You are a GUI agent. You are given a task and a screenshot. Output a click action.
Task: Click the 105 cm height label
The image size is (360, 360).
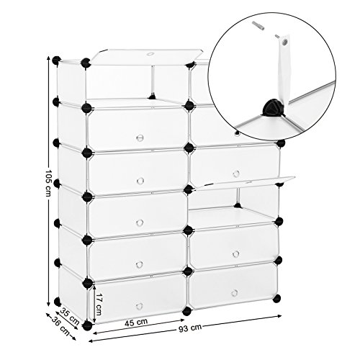click(48, 184)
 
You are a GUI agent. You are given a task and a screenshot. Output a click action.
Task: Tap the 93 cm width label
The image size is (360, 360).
click(190, 327)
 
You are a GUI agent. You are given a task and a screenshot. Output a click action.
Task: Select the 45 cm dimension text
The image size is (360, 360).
click(136, 322)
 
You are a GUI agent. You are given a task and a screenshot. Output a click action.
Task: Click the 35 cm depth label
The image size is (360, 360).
click(69, 316)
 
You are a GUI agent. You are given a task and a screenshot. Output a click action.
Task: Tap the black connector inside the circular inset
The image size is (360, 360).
click(272, 108)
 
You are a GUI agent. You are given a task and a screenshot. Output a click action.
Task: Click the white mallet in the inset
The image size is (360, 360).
click(284, 70)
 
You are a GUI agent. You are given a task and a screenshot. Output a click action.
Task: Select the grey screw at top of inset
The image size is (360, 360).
click(258, 25)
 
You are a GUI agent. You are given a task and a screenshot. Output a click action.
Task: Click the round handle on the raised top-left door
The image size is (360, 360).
click(150, 55)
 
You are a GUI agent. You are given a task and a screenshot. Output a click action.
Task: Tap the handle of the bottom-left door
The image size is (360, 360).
click(139, 306)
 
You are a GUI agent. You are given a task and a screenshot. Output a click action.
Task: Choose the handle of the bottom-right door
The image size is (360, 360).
click(235, 293)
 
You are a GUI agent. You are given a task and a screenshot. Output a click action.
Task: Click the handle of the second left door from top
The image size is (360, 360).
click(140, 138)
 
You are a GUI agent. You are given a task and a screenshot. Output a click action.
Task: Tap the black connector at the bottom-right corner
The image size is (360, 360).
click(276, 298)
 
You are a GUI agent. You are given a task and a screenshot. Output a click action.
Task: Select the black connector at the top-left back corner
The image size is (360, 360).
click(57, 60)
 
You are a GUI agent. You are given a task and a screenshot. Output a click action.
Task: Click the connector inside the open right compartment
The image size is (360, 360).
click(237, 205)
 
